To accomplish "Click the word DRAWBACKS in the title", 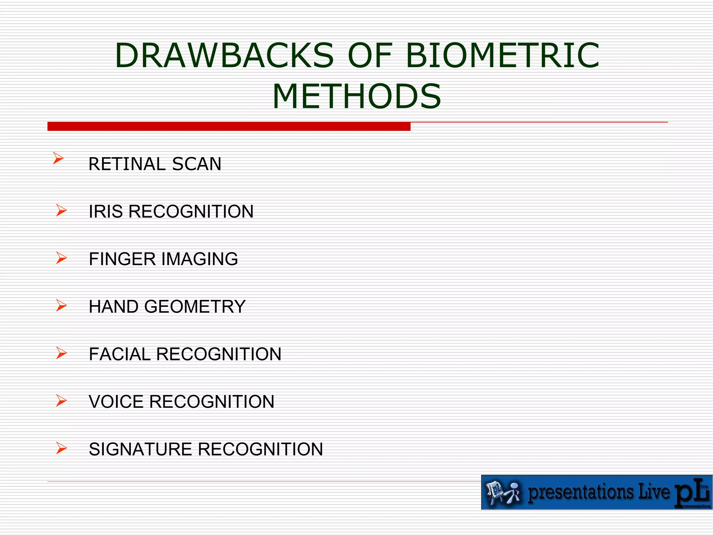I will pyautogui.click(x=224, y=55).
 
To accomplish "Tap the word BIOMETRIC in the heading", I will pyautogui.click(x=503, y=55).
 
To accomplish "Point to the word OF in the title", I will pyautogui.click(x=370, y=55).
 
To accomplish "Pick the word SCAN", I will pyautogui.click(x=197, y=164).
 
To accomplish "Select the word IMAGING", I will pyautogui.click(x=199, y=259).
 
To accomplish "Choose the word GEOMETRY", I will pyautogui.click(x=195, y=307).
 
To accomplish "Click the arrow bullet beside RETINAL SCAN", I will pyautogui.click(x=58, y=158).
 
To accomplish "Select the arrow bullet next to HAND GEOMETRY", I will pyautogui.click(x=61, y=305).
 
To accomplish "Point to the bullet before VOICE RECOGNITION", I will pyautogui.click(x=61, y=401).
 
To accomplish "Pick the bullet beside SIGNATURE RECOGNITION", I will pyautogui.click(x=61, y=448).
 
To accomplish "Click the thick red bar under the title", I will pyautogui.click(x=229, y=126).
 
